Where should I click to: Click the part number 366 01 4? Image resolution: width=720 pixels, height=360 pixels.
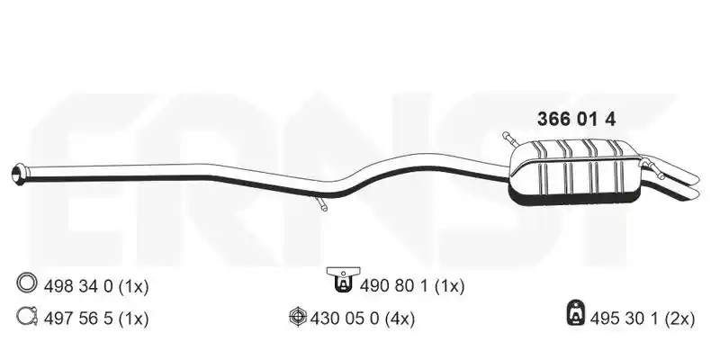576,120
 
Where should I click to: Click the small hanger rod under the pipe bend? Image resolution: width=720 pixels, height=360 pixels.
321,203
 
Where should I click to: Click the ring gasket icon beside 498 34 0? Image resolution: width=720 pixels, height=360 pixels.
26,283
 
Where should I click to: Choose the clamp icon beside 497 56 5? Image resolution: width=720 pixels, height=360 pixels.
27,317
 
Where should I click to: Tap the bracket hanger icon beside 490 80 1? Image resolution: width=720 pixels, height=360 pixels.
343,280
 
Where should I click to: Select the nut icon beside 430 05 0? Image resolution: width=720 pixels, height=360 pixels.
298,317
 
